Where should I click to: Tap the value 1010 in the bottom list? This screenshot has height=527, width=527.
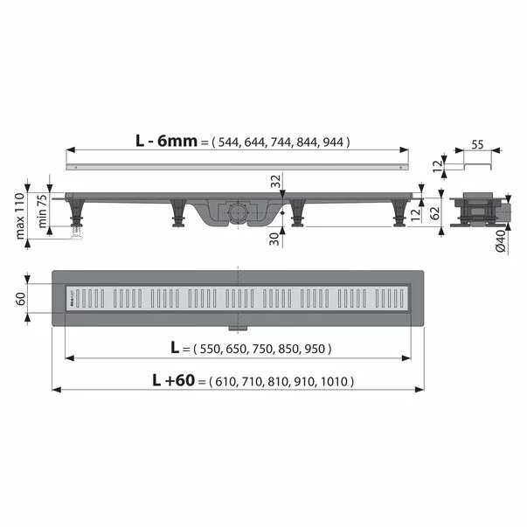(x=337, y=382)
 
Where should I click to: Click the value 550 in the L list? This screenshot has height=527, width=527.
(x=213, y=349)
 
